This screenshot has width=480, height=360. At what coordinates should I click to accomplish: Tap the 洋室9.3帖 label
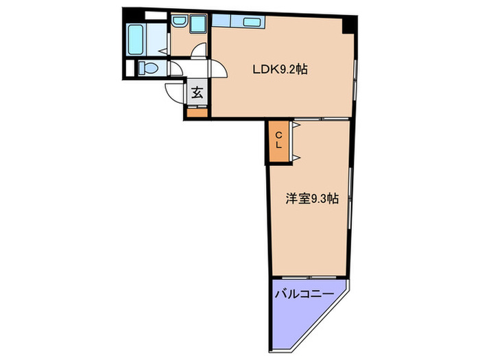(312, 200)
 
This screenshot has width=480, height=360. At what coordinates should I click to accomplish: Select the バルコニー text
(304, 293)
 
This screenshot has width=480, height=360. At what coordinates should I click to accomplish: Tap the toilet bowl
(146, 68)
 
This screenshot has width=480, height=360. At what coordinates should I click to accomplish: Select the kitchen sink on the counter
(252, 23)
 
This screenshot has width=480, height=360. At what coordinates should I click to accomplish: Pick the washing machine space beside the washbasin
(198, 24)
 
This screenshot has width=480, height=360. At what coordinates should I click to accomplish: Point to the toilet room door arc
(175, 69)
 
